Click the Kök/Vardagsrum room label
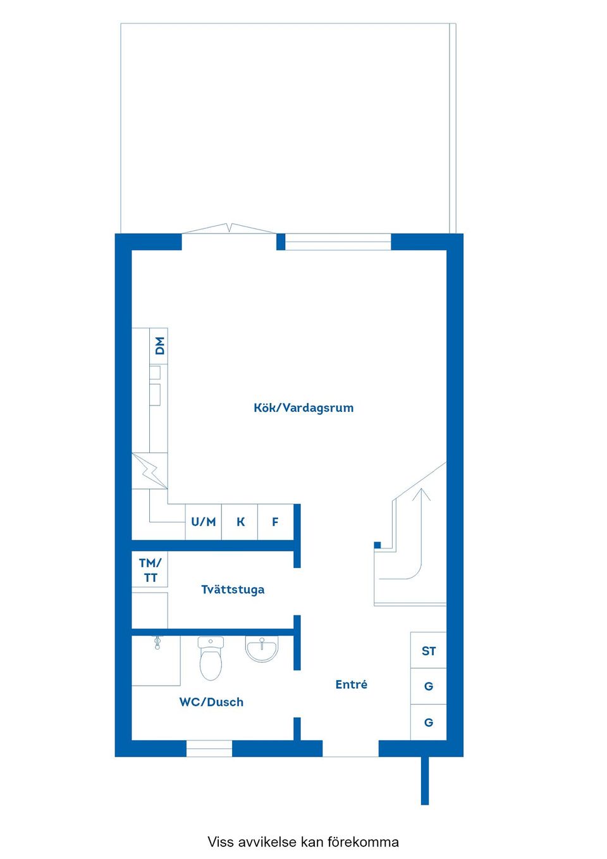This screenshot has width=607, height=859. pos(303,408)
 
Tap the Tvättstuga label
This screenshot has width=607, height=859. pos(233,590)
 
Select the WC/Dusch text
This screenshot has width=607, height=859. pos(211,702)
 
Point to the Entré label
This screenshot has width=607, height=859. pos(351,684)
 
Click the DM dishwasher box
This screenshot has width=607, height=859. pos(159,345)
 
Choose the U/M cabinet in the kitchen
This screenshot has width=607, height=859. pos(204,522)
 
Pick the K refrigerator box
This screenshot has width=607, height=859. pos(240,522)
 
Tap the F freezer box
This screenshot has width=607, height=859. pos(276,522)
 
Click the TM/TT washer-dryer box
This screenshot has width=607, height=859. pos(150,570)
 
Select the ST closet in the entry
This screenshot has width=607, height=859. pos(429,651)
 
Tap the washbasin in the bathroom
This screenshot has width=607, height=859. pos(261,648)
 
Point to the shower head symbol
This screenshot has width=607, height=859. pos(157,643)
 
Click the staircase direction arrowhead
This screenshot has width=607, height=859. pos(421,494)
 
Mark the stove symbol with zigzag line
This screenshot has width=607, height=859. pos(150,471)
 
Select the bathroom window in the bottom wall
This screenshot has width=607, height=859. pos(209,749)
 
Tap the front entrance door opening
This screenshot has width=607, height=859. pos(350,749)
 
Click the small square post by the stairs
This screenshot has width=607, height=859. pos(377,545)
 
